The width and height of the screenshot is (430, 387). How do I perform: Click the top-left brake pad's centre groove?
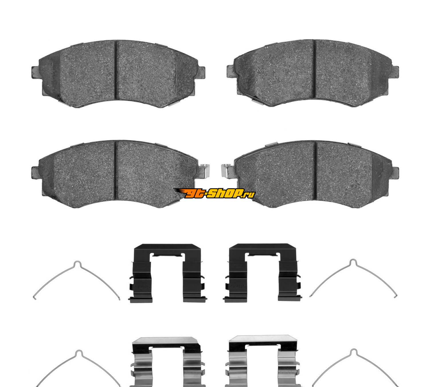116,70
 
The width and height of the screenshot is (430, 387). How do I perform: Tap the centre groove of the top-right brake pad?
315,69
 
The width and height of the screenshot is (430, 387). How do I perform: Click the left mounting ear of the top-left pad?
35,72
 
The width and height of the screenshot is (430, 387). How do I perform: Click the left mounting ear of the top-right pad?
231,71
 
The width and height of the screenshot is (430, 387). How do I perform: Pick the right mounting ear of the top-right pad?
395,72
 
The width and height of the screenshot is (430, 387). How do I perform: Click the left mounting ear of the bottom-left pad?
35,172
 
